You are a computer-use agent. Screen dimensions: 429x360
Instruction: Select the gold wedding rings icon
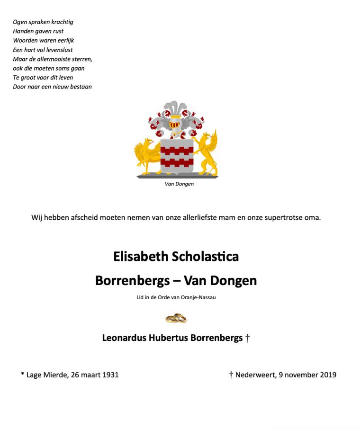pos(176,318)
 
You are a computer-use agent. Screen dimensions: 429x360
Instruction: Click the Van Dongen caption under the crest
pos(179,184)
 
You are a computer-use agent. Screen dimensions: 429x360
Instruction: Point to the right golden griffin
pos(207,152)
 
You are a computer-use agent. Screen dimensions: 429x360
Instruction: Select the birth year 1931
pos(110,375)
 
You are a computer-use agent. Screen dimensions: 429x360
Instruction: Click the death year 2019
pos(327,375)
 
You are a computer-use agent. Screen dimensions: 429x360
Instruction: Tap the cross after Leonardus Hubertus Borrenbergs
pos(247,338)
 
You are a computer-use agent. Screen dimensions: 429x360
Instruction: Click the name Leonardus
pos(124,338)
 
